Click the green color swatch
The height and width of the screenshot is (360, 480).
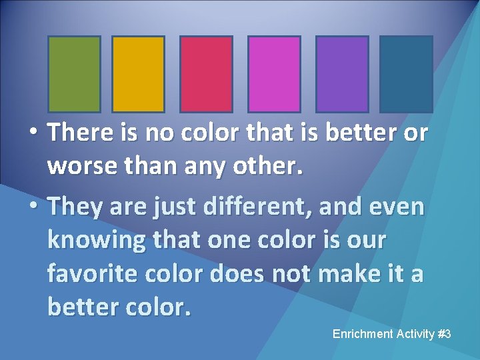tap(74, 73)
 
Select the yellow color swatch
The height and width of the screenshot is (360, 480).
tap(138, 73)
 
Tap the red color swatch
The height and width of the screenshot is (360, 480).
tap(206, 73)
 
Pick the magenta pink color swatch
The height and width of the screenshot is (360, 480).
tap(274, 73)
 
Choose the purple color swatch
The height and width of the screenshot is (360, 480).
tap(342, 73)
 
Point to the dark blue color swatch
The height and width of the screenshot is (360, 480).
tap(406, 73)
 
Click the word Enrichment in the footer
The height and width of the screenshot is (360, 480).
tap(361, 333)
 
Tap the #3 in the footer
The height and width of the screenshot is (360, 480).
tap(445, 333)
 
